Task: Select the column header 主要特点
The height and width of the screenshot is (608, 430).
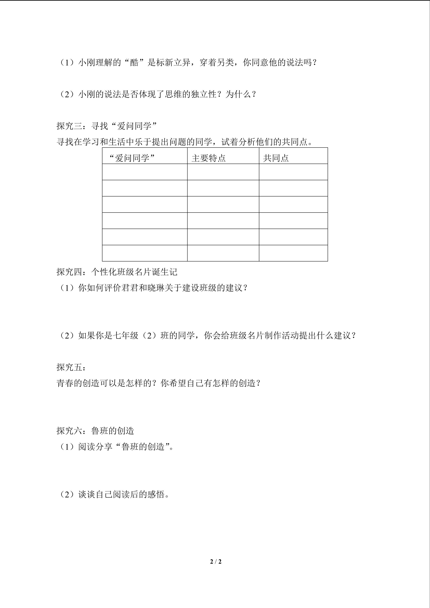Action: click(208, 158)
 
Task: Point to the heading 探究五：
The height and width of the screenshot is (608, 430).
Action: click(71, 367)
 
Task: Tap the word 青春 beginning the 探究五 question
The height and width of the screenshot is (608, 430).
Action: click(65, 383)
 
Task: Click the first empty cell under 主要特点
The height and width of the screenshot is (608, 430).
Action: click(223, 172)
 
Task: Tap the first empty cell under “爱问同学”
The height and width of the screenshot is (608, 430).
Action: click(145, 172)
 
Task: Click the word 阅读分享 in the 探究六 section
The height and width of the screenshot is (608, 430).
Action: click(95, 447)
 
